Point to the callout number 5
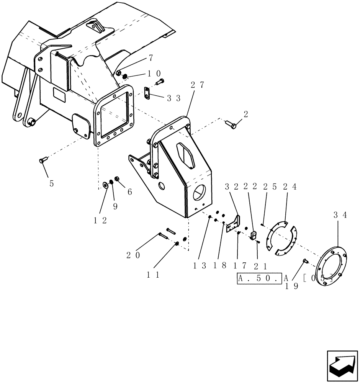pos(51,183)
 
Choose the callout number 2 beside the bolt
pos(245,114)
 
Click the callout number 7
pos(151,58)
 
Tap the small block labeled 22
pos(253,235)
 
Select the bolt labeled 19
pos(306,261)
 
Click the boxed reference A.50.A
pos(259,278)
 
